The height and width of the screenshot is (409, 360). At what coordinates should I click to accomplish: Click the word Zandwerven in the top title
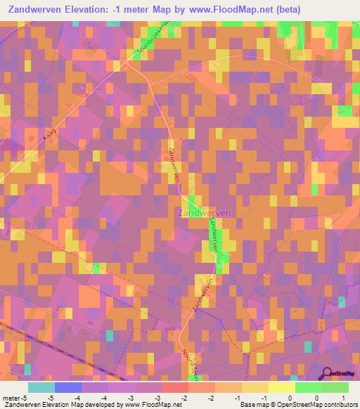click(x=35, y=10)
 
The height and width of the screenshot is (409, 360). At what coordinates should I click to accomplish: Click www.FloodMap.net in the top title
click(x=217, y=10)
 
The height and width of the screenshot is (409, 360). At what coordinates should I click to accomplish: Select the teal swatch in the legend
click(x=41, y=387)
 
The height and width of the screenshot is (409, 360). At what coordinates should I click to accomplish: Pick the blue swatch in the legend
click(x=68, y=387)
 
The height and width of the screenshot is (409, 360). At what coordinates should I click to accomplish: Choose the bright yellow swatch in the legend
click(x=281, y=387)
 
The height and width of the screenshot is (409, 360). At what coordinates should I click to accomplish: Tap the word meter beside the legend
click(x=11, y=397)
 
